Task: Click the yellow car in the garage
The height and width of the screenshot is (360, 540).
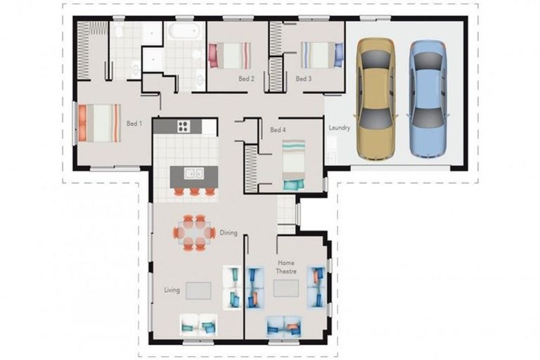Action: pos(377,98)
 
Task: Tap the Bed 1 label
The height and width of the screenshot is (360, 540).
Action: pos(134,124)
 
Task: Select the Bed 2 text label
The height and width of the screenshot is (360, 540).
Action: pos(246,79)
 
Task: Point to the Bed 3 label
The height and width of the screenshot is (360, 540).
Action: pos(303,79)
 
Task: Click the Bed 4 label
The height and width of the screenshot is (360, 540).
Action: pos(278,130)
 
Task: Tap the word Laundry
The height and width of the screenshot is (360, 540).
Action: pos(340,128)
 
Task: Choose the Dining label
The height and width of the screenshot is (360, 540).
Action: pos(229,233)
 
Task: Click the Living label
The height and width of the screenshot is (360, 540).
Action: pos(172,290)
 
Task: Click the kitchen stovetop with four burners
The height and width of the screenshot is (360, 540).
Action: pos(184,127)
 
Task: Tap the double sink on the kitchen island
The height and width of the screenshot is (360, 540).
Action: pos(194,173)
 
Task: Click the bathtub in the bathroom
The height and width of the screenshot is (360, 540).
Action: pos(184,31)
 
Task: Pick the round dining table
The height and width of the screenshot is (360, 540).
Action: pos(194,232)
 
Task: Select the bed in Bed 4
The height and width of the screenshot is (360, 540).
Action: pos(294,165)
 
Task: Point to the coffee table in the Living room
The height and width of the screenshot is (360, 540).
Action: pos(198,290)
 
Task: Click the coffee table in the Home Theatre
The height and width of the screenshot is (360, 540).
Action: pos(286,289)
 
